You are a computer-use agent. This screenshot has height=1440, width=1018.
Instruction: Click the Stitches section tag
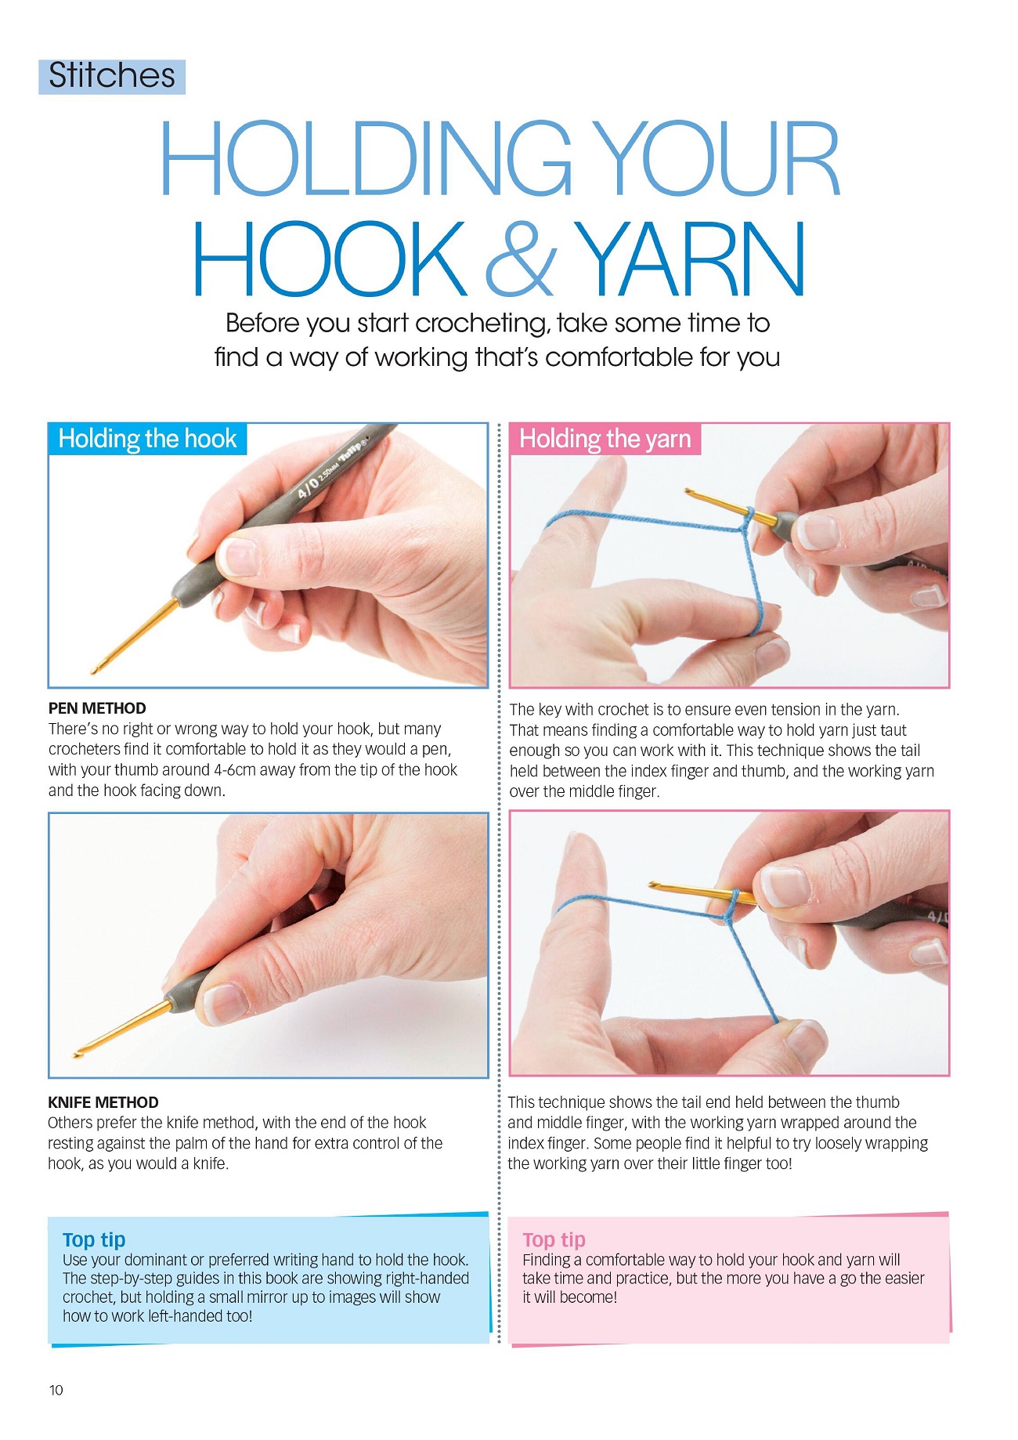(x=112, y=76)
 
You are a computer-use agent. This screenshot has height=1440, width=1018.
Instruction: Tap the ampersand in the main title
(x=522, y=258)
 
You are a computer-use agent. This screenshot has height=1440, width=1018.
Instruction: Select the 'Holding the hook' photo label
(x=147, y=439)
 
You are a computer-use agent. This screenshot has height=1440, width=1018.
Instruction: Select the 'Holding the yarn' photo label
(x=605, y=439)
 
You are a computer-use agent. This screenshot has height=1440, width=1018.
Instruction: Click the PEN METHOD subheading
(x=97, y=708)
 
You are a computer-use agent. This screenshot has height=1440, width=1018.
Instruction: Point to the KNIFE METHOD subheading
(x=103, y=1102)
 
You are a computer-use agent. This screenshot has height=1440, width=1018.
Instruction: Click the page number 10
(x=56, y=1390)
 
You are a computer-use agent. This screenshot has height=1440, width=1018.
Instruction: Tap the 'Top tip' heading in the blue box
(x=94, y=1239)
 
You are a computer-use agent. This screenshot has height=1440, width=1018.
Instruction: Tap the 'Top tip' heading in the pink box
(x=554, y=1239)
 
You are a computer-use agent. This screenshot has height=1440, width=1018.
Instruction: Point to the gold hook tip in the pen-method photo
(x=96, y=670)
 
